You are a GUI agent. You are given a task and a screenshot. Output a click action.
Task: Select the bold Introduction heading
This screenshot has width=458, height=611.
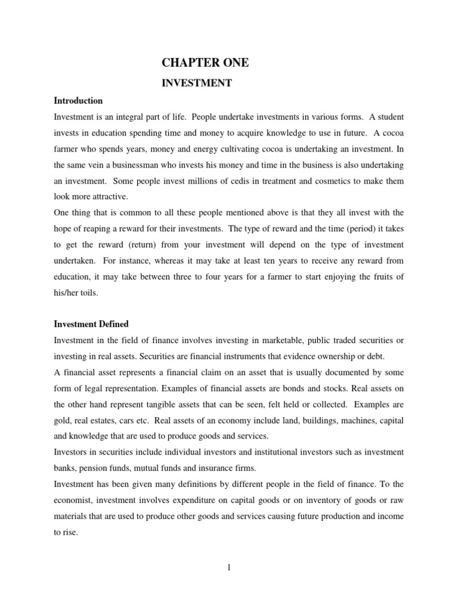(x=78, y=101)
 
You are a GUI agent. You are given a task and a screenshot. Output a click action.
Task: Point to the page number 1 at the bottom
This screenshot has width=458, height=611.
(x=228, y=567)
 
